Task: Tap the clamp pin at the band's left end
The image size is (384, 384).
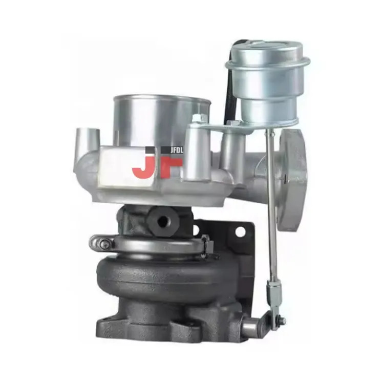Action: coord(105,243)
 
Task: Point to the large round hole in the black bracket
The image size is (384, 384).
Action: coord(240,231)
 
